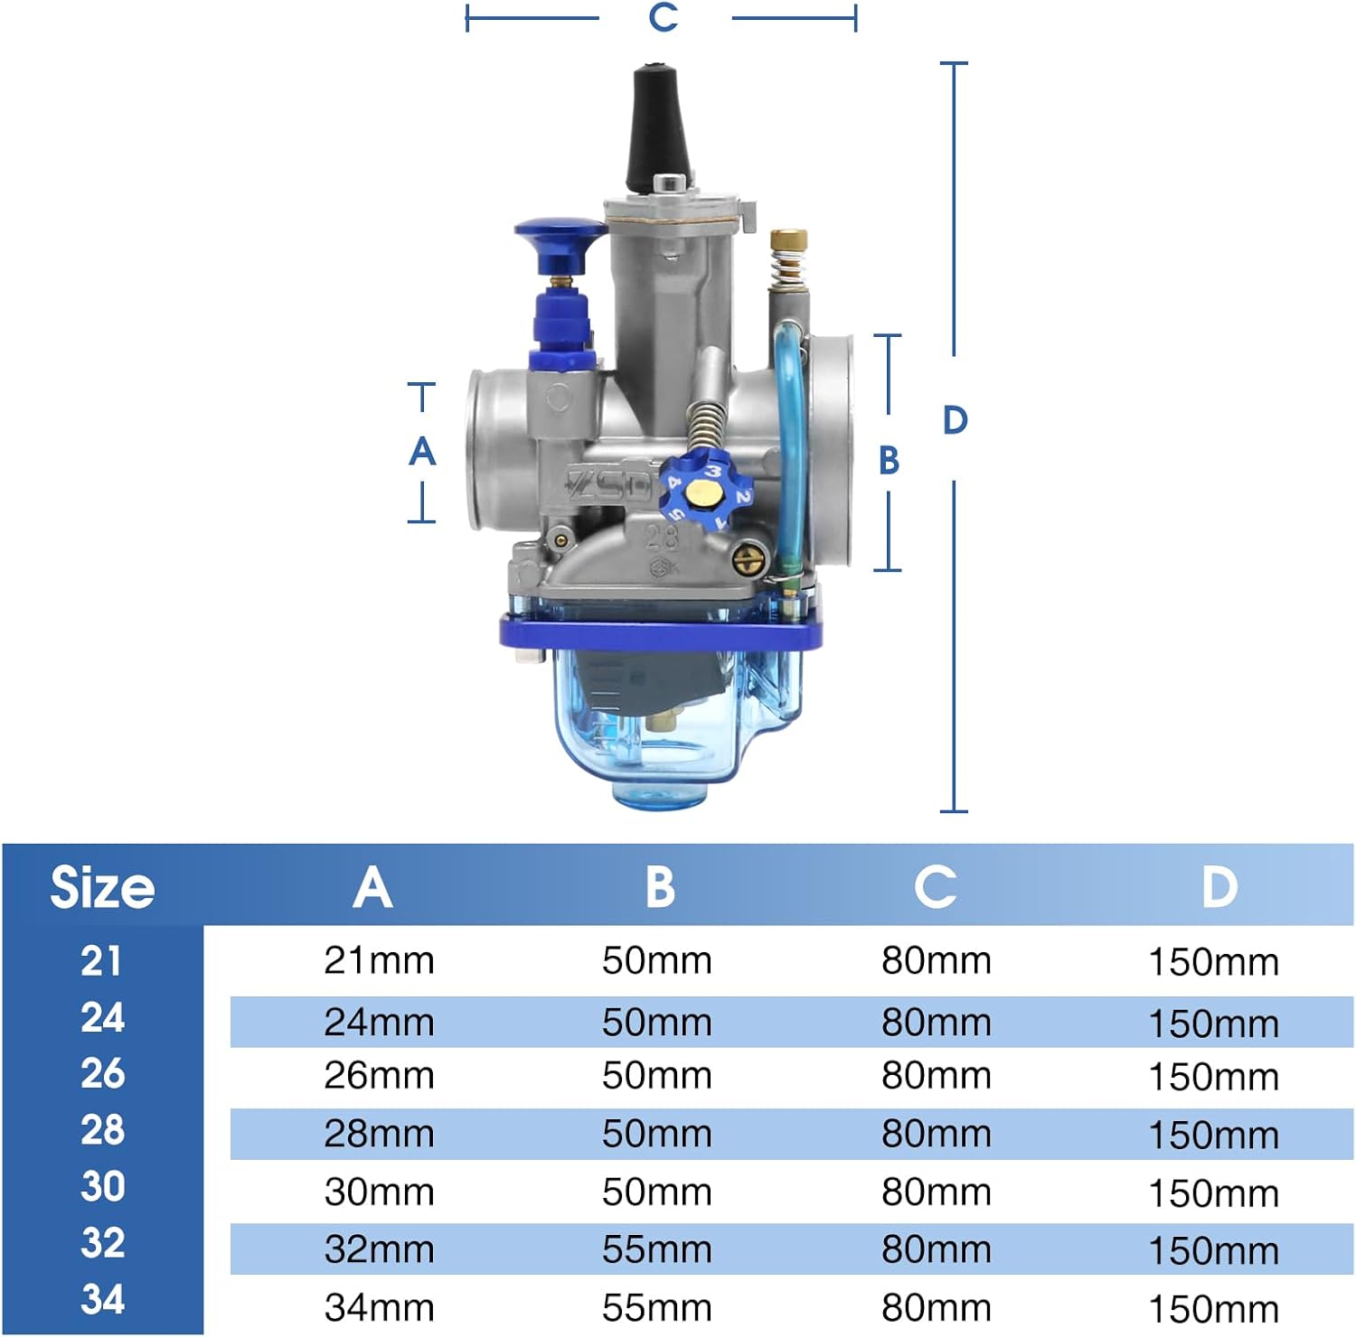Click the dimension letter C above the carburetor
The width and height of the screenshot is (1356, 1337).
[x=664, y=17]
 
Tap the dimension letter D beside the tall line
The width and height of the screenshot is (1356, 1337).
[x=956, y=420]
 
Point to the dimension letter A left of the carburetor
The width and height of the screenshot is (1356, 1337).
[x=422, y=451]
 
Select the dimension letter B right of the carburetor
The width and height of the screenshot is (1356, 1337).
[x=890, y=461]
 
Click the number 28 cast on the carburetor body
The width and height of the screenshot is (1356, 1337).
[x=661, y=537]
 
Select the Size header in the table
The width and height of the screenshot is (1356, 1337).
[x=102, y=887]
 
